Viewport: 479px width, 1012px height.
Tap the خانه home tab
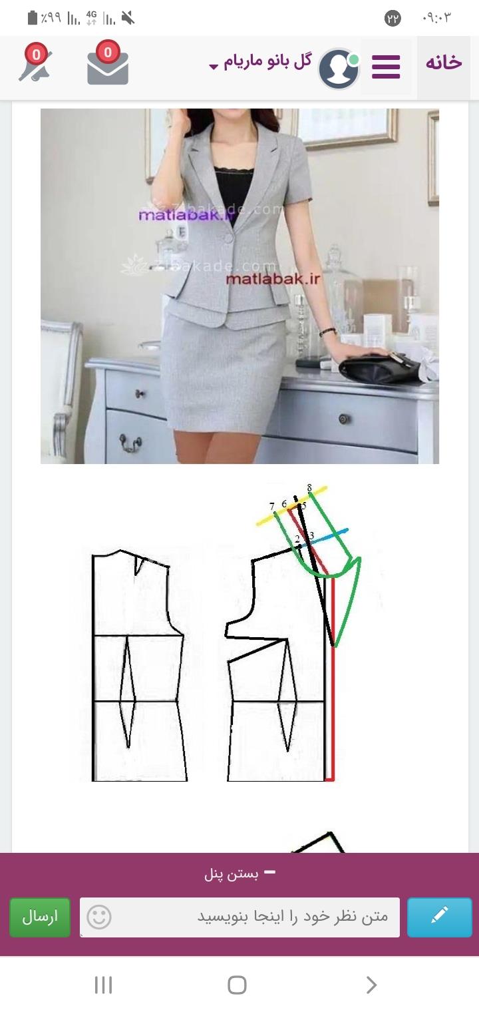444,63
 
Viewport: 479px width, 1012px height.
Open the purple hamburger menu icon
386,67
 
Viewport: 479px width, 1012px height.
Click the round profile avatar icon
339,68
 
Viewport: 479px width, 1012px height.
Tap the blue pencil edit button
439,917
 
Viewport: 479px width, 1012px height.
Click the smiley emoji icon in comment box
99,917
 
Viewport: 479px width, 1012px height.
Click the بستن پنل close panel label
238,874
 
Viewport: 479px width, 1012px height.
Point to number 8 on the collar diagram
309,488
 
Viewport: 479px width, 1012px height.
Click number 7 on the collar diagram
272,507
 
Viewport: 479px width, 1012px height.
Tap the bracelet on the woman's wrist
327,332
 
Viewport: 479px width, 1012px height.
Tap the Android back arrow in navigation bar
371,985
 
